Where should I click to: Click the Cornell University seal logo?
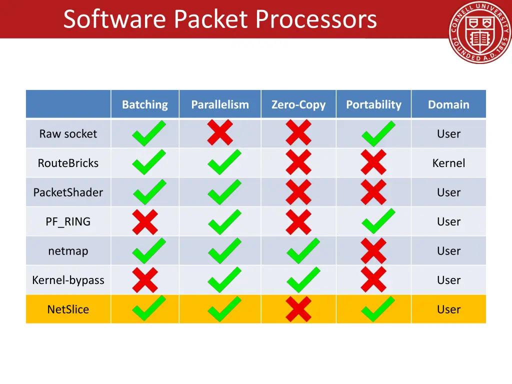pos(479,32)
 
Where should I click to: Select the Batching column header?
pos(145,104)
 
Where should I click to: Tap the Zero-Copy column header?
pos(298,104)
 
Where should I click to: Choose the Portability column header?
pos(373,104)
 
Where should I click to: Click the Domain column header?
pos(448,104)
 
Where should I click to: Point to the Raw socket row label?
pos(68,133)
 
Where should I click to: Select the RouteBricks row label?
pos(68,163)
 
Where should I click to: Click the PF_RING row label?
pos(68,221)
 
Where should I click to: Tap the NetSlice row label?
pos(68,309)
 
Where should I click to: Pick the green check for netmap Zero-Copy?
pos(302,250)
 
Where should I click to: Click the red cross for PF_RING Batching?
pos(145,221)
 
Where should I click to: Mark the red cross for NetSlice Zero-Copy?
pos(298,309)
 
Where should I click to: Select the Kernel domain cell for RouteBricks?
pos(448,163)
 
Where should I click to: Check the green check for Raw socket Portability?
pos(378,133)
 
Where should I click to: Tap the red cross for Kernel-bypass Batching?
pos(145,280)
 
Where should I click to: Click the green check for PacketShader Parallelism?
pos(224,192)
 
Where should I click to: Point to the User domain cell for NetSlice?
pos(448,309)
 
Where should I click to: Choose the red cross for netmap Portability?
pos(373,250)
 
